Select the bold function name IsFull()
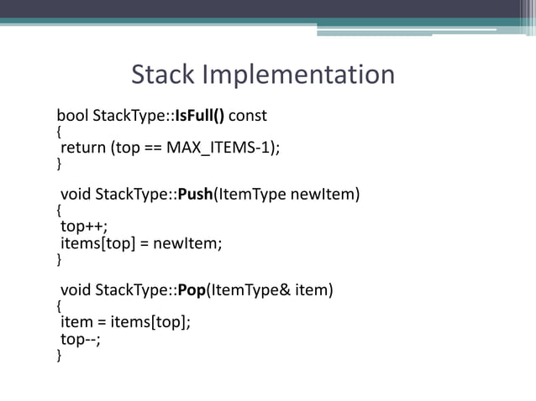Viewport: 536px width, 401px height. pos(201,115)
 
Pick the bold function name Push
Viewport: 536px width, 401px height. pos(194,195)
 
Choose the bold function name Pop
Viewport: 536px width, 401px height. pos(192,290)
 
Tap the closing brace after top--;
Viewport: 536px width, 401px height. pos(59,356)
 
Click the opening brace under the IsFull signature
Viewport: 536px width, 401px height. pos(59,132)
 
